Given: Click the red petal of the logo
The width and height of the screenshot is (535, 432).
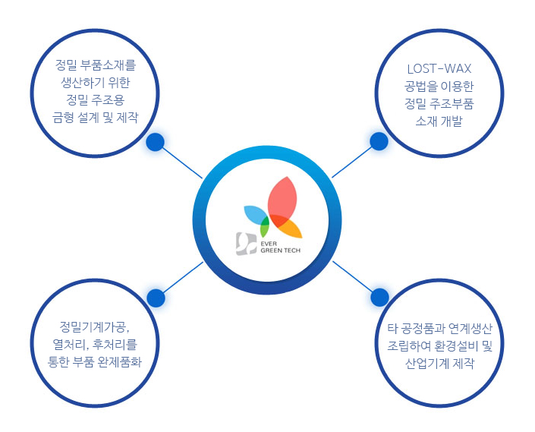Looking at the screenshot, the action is pyautogui.click(x=282, y=198).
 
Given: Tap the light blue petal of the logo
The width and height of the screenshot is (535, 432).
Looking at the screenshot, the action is pyautogui.click(x=256, y=214).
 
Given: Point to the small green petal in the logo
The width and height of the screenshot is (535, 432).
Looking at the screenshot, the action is pyautogui.click(x=264, y=227).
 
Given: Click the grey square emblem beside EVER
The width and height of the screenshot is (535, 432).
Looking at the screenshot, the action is pyautogui.click(x=246, y=244).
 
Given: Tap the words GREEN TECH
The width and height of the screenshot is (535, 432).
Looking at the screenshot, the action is pyautogui.click(x=281, y=251).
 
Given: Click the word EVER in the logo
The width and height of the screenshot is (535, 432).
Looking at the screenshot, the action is pyautogui.click(x=269, y=244).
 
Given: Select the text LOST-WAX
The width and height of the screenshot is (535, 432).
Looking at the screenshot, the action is pyautogui.click(x=439, y=69).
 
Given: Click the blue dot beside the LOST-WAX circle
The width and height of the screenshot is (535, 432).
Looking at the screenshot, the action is pyautogui.click(x=379, y=141).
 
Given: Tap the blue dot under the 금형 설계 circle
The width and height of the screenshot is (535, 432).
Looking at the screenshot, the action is pyautogui.click(x=156, y=142).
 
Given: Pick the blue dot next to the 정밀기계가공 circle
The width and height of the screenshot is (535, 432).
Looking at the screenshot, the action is pyautogui.click(x=156, y=298).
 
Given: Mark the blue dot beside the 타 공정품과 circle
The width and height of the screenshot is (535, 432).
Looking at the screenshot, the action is pyautogui.click(x=379, y=297).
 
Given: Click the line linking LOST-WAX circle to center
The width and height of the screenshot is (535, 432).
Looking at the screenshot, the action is pyautogui.click(x=352, y=162).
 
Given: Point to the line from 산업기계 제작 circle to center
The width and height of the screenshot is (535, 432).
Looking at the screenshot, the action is pyautogui.click(x=353, y=276).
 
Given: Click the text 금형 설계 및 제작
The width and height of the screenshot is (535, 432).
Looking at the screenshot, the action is pyautogui.click(x=95, y=118).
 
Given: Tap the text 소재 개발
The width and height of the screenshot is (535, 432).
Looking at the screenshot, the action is pyautogui.click(x=439, y=121).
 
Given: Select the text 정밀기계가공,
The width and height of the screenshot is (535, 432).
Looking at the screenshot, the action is pyautogui.click(x=95, y=327).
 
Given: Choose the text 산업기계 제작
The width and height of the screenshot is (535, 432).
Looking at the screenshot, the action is pyautogui.click(x=439, y=363).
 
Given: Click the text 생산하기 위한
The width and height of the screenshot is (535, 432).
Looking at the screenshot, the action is pyautogui.click(x=95, y=82).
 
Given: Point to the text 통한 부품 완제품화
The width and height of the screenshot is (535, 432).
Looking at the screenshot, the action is pyautogui.click(x=95, y=362).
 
